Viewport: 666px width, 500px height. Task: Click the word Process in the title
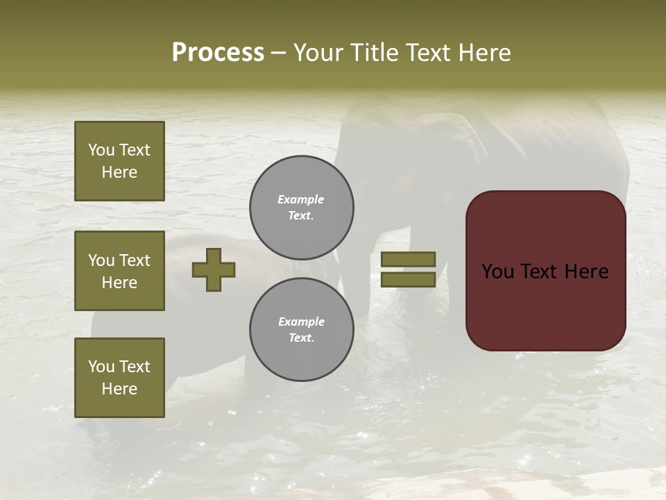(218, 53)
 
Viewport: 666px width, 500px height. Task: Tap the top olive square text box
(119, 161)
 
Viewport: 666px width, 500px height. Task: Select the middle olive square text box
(119, 271)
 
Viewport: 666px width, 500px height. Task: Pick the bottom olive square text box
(119, 377)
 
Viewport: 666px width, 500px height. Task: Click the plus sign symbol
(214, 269)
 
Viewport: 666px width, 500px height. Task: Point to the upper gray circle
(302, 208)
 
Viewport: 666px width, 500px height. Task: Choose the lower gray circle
(302, 329)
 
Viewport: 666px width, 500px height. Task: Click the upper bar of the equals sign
(408, 259)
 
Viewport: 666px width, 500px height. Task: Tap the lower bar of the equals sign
(408, 279)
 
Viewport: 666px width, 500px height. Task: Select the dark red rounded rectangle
(545, 306)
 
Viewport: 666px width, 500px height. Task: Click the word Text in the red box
(545, 272)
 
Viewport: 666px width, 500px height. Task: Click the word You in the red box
(497, 272)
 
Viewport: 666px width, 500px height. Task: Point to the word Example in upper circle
(301, 199)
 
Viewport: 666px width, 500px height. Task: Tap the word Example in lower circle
(301, 322)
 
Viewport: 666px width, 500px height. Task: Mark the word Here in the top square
(119, 172)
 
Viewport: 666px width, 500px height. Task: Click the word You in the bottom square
(101, 366)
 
